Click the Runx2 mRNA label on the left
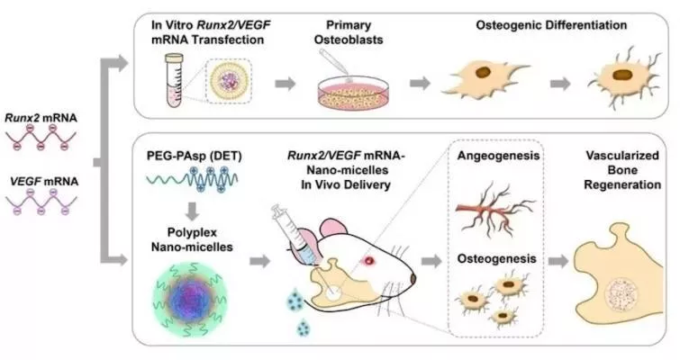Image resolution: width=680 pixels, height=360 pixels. pos(41,118)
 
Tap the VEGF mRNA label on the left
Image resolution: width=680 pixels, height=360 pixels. pos(44,181)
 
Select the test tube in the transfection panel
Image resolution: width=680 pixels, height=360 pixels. pos(176,81)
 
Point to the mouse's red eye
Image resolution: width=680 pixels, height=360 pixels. pos(369,260)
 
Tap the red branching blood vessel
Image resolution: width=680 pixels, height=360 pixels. pos(494,209)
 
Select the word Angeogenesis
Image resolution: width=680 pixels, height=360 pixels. pos(498,156)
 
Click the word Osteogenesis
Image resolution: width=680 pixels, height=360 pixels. pos(496,258)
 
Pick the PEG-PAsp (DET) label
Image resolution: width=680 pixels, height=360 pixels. pos(194,156)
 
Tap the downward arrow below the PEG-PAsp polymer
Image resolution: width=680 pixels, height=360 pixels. pos(192,211)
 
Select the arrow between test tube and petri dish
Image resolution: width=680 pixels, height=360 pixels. pos(286,83)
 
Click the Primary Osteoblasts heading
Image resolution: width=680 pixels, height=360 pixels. pos(349,32)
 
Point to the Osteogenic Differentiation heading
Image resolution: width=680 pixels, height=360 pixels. pos(551,25)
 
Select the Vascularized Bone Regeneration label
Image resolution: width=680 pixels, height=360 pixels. pos(622,170)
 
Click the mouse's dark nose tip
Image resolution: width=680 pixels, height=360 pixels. pos(413,279)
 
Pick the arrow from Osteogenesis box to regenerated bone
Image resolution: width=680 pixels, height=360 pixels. pos(558,261)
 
